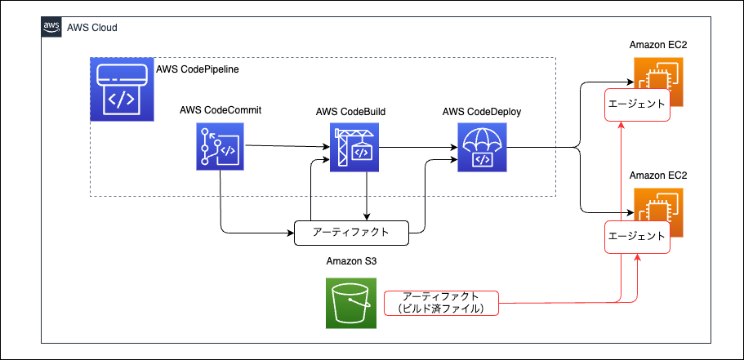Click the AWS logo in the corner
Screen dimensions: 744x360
pos(51,26)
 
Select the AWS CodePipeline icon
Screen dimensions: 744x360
pos(123,89)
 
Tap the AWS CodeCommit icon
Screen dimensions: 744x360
pos(220,147)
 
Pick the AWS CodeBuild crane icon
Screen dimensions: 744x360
pos(354,148)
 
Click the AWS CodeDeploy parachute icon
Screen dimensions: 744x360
pos(482,148)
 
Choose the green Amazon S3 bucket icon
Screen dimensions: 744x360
pos(350,303)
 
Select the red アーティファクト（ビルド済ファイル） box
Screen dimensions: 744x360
pos(441,303)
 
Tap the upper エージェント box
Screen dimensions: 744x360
pos(637,104)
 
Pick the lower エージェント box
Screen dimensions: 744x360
pos(637,236)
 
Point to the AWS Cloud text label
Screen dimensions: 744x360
pos(92,28)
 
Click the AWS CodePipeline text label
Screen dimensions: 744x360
pos(198,69)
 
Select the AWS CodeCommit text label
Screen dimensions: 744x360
pos(221,111)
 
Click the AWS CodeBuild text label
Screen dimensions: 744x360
pos(350,112)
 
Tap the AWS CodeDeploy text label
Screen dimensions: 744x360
pos(482,112)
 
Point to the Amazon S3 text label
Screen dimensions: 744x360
pos(350,261)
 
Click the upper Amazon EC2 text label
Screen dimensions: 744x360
pos(658,46)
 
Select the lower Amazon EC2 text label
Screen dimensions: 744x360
pos(658,176)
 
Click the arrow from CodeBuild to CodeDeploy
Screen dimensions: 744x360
pos(418,148)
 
